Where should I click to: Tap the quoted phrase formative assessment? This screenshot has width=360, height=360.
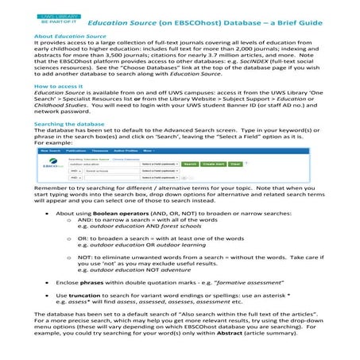(255, 304)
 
